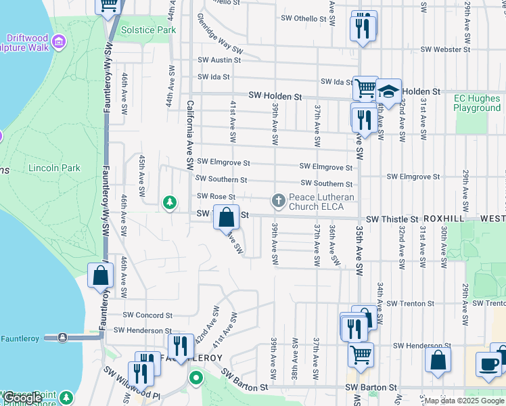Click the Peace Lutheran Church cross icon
[x=277, y=200]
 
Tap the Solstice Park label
[x=148, y=30]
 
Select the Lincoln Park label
[x=54, y=168]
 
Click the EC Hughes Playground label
[x=477, y=103]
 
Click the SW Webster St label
[x=444, y=49]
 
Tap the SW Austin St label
[x=218, y=60]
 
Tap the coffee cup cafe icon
[x=488, y=364]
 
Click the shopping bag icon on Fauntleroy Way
[x=100, y=275]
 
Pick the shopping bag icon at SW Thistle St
[x=227, y=218]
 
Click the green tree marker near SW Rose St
[x=169, y=202]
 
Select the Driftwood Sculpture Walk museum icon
[x=58, y=43]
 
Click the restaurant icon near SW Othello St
[x=363, y=26]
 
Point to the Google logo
[x=22, y=399]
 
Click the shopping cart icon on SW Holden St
[x=365, y=87]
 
